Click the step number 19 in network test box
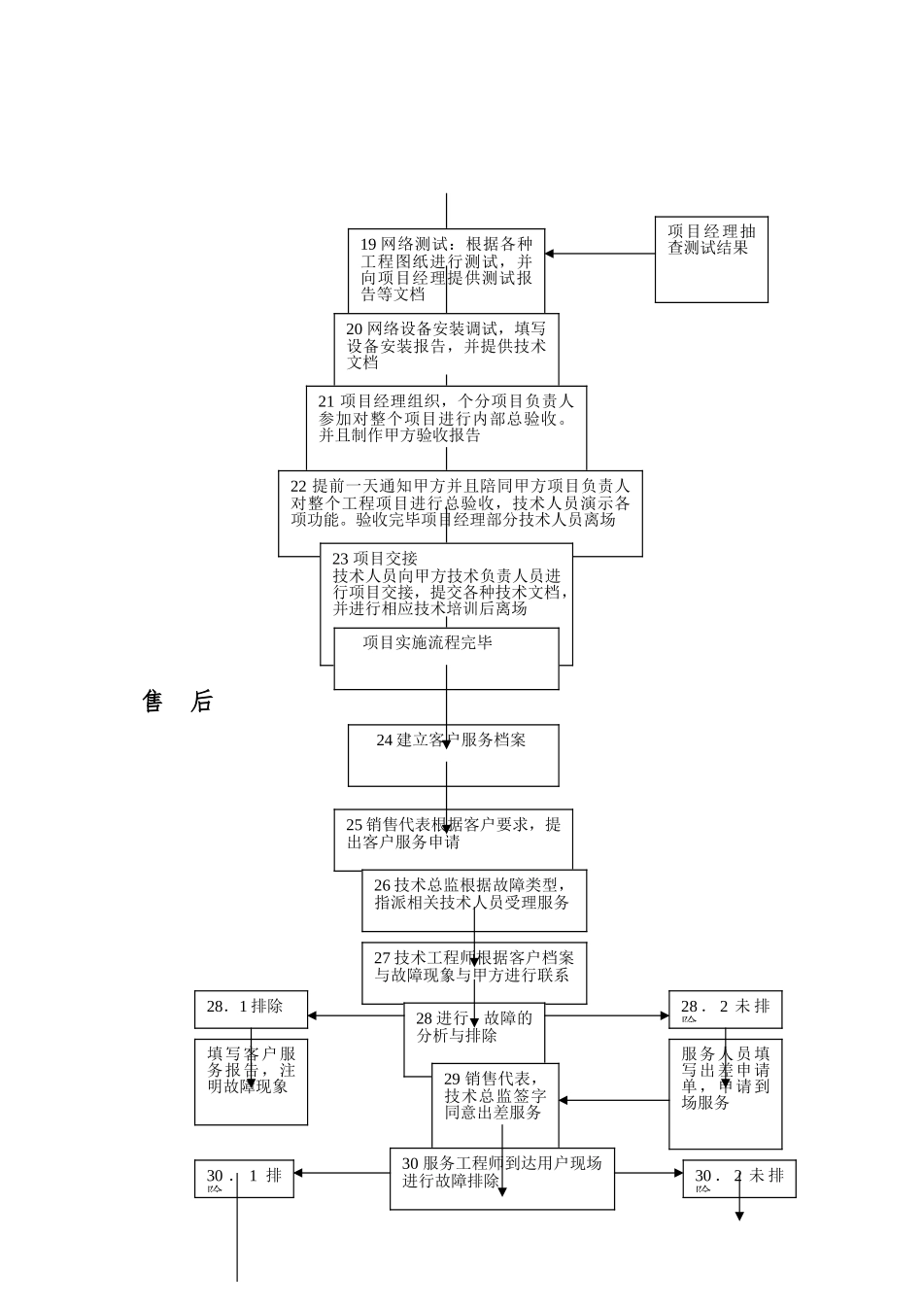tap(368, 244)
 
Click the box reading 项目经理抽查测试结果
tap(711, 259)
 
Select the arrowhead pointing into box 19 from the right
tap(550, 254)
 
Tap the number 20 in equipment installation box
tap(354, 329)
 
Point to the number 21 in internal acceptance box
tap(326, 401)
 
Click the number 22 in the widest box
tap(299, 485)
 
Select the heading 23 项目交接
tap(375, 559)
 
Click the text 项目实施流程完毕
tap(427, 642)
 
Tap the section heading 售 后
tap(178, 702)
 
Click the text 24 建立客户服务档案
tap(452, 740)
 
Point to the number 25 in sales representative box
tap(355, 825)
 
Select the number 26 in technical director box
tap(382, 885)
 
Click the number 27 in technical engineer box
tap(382, 958)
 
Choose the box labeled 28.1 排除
tap(251, 1009)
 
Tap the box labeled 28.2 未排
tap(725, 1009)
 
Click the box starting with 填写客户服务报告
tap(251, 1082)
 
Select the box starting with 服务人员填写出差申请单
tap(725, 1093)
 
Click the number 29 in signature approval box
tap(452, 1079)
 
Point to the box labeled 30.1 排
tap(244, 1178)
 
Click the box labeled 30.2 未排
tap(738, 1178)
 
